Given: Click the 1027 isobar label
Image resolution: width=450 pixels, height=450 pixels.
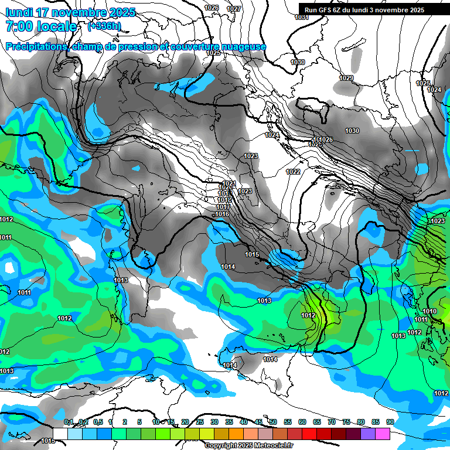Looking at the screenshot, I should (234, 9).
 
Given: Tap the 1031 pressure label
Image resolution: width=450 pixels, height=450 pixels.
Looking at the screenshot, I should (302, 17).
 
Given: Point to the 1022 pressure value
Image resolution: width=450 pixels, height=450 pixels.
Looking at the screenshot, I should (293, 172).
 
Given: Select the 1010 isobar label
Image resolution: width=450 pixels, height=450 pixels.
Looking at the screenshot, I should (429, 311).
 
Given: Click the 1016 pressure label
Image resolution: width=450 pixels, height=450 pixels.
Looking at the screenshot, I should (223, 214).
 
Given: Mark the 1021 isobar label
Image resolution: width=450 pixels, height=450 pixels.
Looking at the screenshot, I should (229, 183).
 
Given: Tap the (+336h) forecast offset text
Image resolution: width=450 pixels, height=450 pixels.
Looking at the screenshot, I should (104, 26).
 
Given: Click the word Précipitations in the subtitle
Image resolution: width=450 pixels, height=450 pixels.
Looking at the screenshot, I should (35, 46).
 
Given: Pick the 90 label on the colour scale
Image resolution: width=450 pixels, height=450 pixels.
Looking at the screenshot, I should (390, 422).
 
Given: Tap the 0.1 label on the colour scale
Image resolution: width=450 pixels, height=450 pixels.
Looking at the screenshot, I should (68, 422).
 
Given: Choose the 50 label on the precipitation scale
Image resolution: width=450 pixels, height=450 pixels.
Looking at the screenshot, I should (273, 422).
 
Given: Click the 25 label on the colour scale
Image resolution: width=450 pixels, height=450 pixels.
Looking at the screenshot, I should (200, 422).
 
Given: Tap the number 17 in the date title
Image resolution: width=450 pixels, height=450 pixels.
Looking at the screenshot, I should (42, 12).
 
